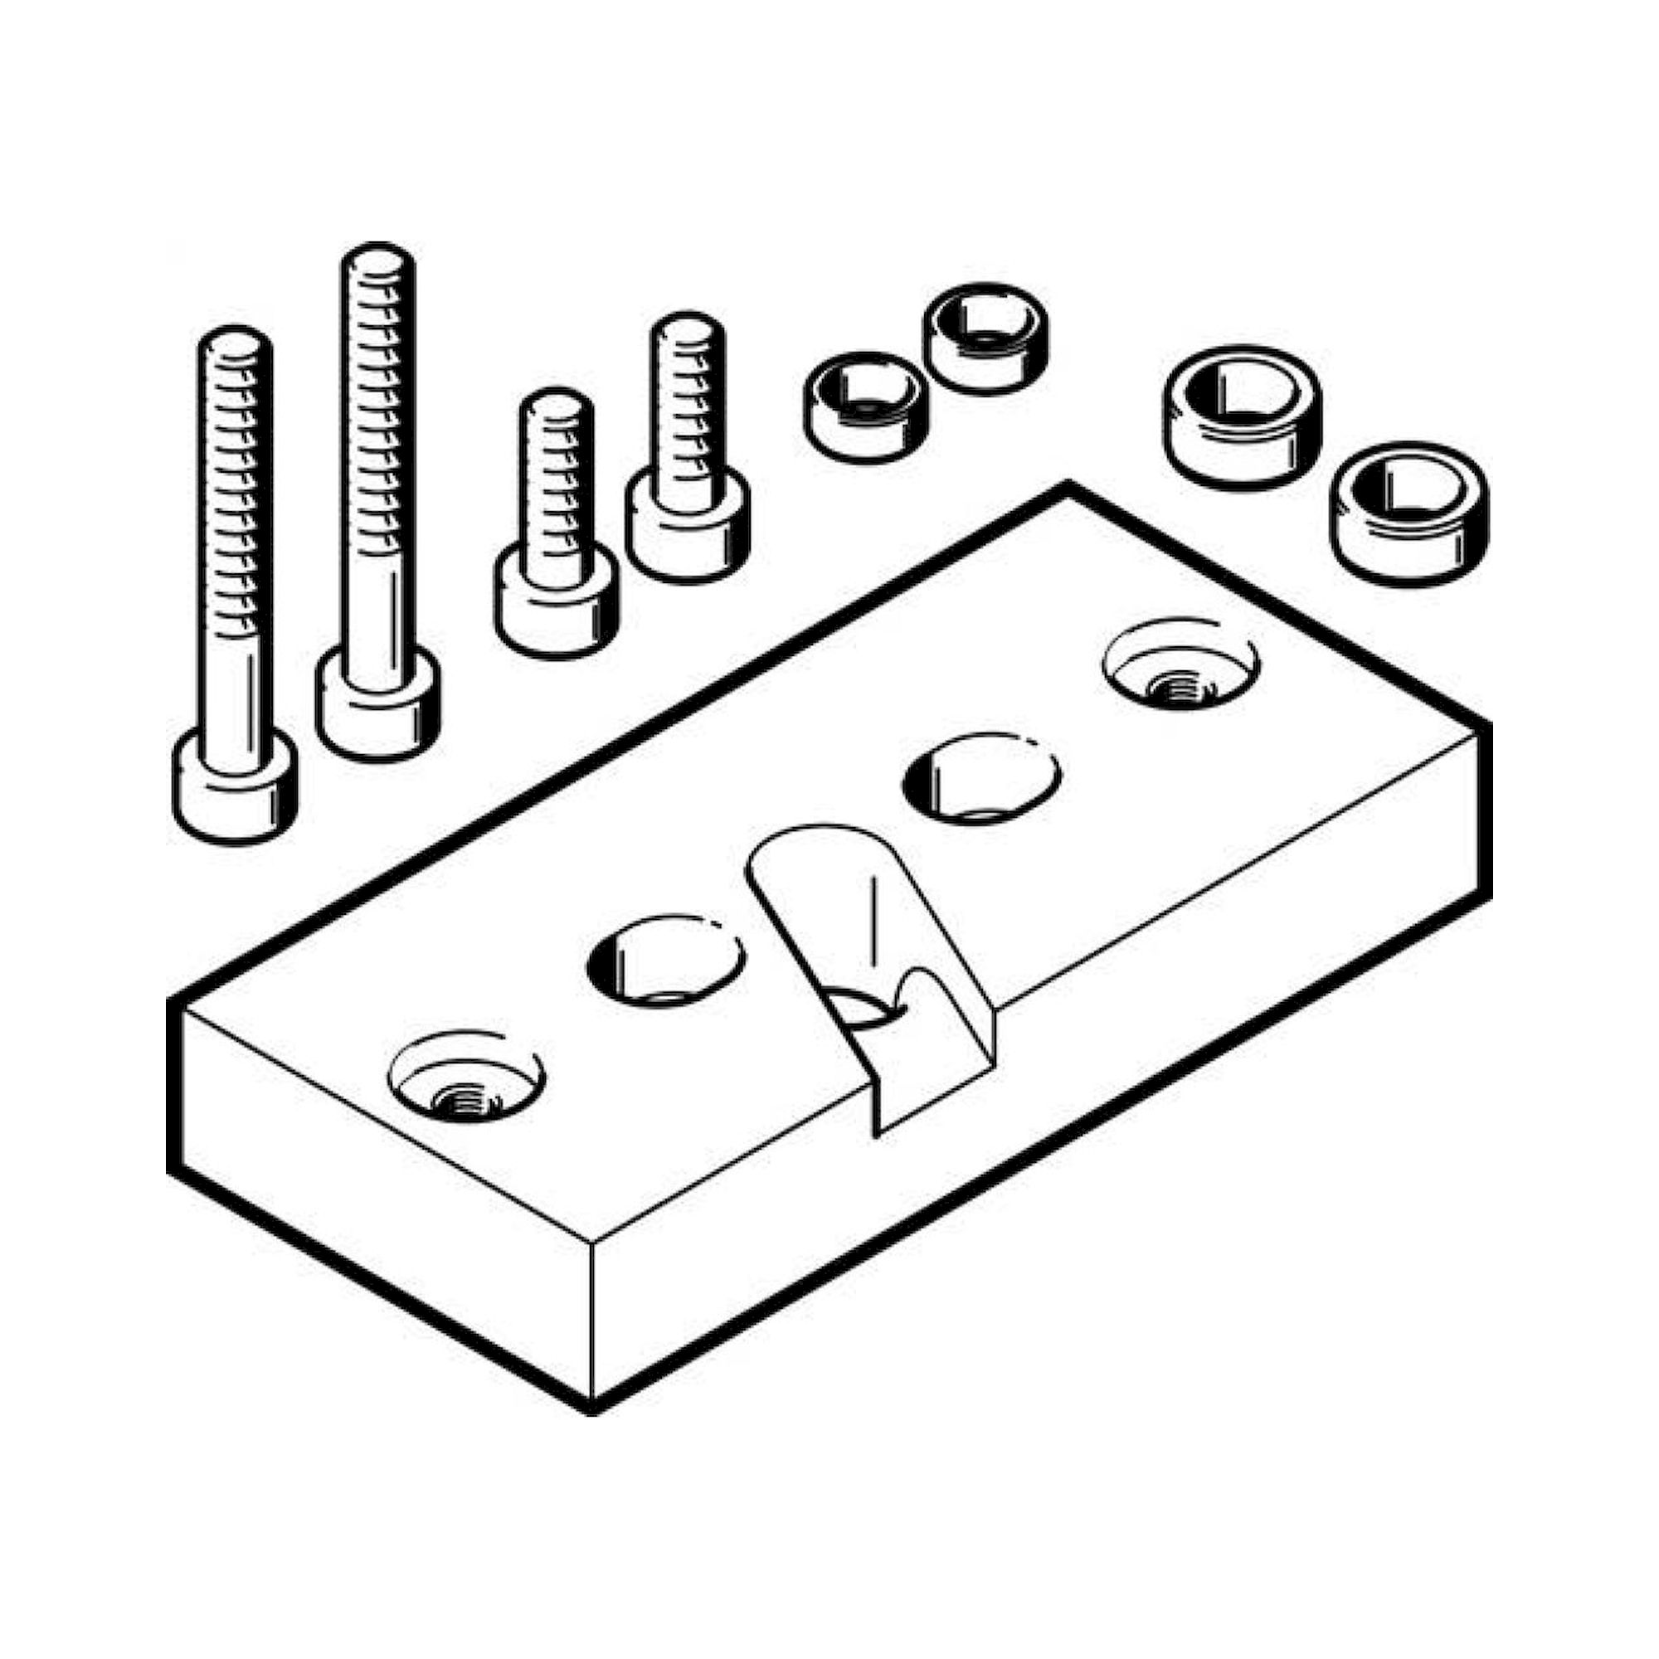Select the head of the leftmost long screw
tap(236, 786)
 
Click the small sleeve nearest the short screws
tap(865, 407)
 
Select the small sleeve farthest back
tap(986, 338)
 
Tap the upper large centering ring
tap(1242, 416)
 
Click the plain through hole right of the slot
tap(982, 778)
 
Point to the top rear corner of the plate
tap(1068, 488)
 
